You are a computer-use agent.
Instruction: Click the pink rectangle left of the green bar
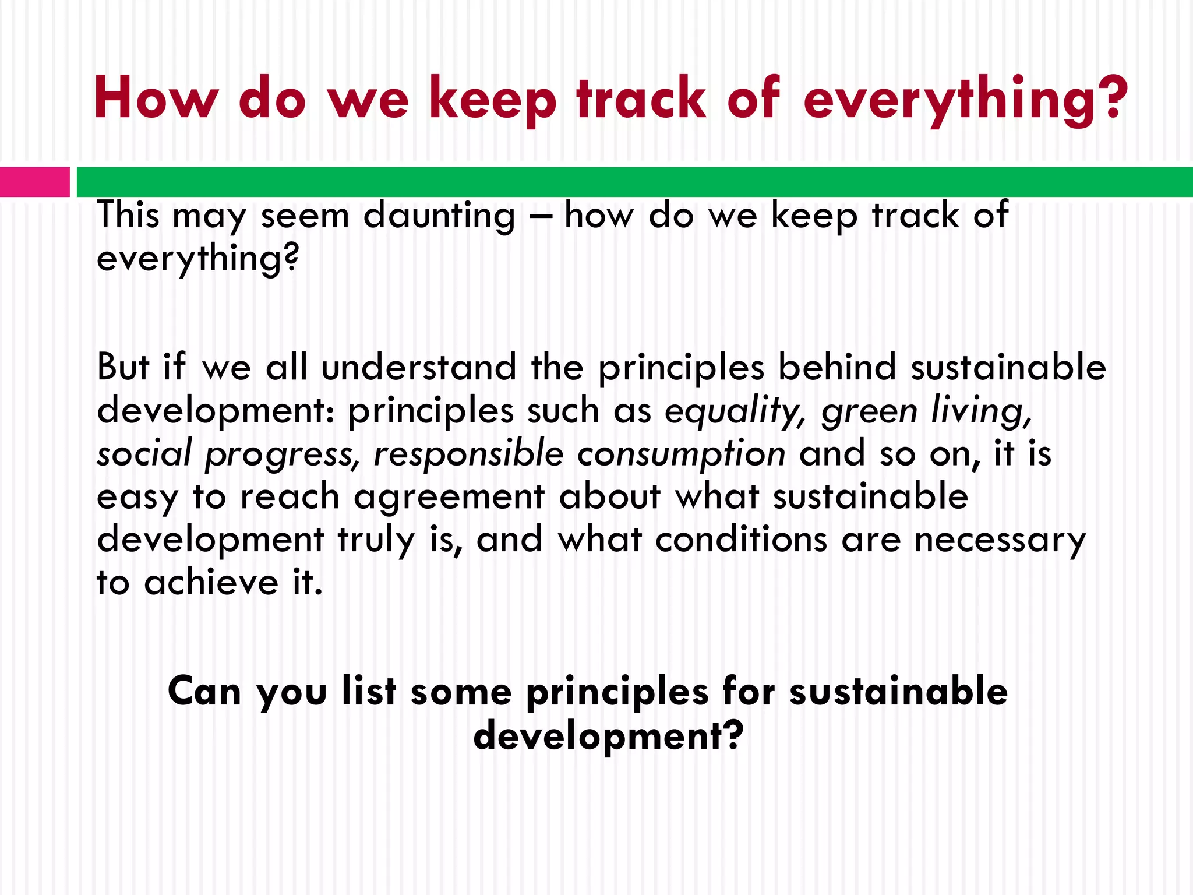(34, 182)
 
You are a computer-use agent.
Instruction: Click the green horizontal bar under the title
(634, 182)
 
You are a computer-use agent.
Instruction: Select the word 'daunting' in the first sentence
(439, 216)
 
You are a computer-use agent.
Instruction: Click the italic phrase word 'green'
(870, 411)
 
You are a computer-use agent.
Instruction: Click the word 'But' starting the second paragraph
(123, 367)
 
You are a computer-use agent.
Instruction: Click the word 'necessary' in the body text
(1000, 541)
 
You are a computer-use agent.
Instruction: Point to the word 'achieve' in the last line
(211, 582)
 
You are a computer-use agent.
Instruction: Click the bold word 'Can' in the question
(204, 692)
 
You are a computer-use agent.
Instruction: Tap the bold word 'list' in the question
(369, 691)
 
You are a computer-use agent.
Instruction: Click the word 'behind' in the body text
(837, 367)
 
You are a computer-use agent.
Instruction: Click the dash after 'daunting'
(539, 216)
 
